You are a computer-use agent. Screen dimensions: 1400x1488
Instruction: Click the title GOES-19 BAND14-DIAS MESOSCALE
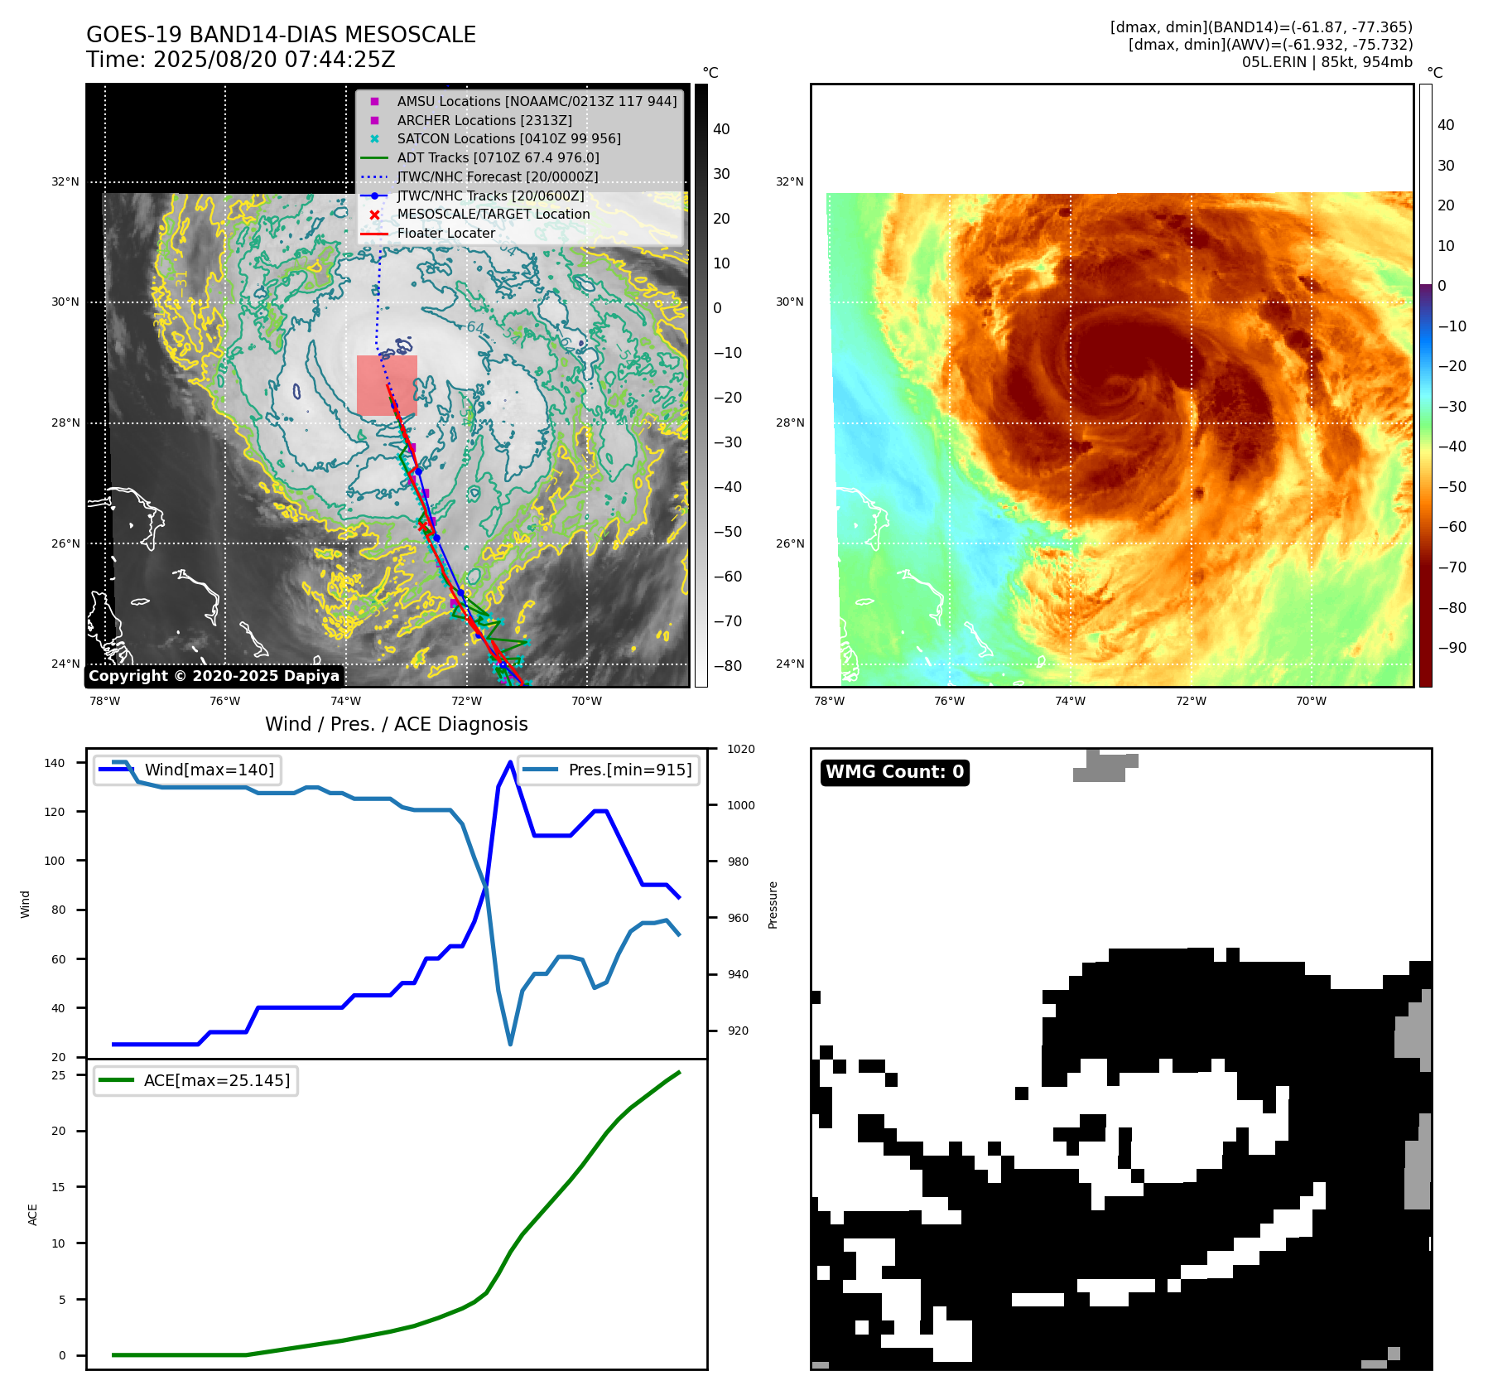[281, 35]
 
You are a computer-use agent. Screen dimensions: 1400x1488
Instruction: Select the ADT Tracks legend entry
[498, 157]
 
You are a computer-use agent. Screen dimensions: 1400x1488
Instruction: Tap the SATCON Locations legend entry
[508, 138]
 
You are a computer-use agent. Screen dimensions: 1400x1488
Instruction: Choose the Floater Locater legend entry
[445, 233]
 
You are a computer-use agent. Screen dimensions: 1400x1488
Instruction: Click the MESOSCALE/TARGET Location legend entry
[494, 214]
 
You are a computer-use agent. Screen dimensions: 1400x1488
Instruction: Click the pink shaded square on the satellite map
[387, 385]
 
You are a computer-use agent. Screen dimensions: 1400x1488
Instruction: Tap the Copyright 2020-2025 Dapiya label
[214, 676]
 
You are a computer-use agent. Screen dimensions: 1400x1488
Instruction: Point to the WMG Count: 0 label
[894, 772]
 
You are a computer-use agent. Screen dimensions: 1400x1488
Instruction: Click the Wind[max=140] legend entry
[209, 770]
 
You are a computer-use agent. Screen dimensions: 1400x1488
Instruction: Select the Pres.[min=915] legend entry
[629, 770]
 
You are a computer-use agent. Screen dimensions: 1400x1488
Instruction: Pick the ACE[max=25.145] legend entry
[217, 1080]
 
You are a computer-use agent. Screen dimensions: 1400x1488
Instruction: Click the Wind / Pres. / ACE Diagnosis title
[396, 724]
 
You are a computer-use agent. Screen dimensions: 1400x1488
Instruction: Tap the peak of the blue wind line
[510, 762]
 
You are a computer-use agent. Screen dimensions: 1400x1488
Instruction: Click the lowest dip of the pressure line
[510, 1044]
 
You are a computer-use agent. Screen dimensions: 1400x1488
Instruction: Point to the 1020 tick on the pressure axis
[740, 749]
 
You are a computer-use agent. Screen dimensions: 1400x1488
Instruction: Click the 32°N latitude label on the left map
[65, 181]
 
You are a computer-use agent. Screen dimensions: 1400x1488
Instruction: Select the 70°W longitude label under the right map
[1311, 701]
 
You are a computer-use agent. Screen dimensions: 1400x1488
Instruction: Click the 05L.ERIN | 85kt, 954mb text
[1327, 62]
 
